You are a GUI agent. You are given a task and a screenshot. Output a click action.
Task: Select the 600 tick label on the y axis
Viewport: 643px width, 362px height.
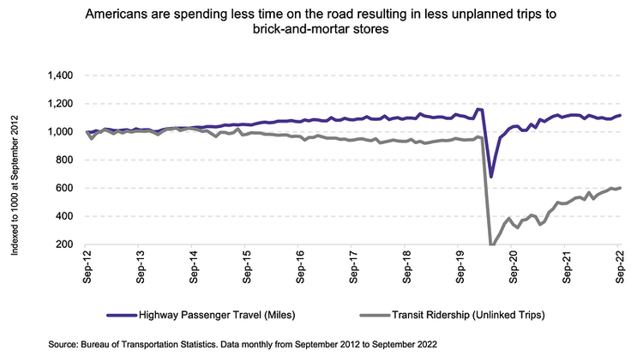coord(67,188)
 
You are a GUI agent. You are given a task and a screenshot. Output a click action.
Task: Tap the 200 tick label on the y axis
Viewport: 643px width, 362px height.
coord(67,244)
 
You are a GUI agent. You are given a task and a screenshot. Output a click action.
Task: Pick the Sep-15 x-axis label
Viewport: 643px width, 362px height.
coord(246,268)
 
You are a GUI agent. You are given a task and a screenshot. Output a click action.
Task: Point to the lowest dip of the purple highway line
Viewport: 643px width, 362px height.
coord(491,176)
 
